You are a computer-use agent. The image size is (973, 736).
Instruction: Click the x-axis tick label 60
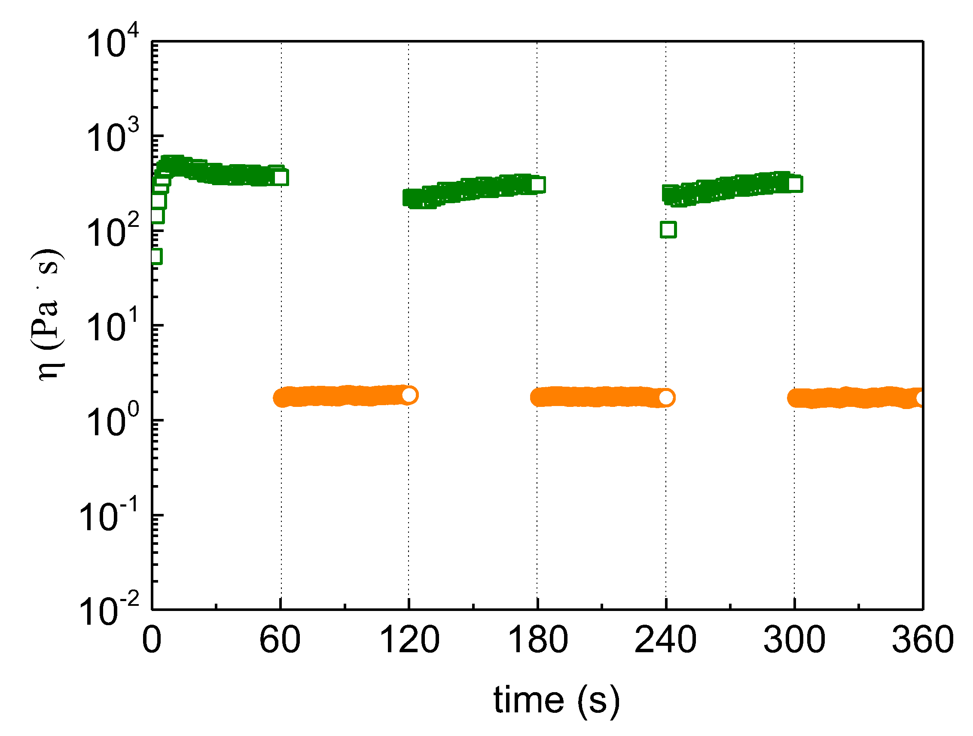pos(280,640)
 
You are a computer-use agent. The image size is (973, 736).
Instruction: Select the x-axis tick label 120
pos(409,640)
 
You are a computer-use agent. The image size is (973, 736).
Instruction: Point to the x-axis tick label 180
pos(537,640)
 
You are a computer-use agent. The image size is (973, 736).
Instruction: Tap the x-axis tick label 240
pos(665,640)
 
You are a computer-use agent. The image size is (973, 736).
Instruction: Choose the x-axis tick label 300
pos(794,640)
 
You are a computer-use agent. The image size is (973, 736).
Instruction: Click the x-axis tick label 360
pos(922,640)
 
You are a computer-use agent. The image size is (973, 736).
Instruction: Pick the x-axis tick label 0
pos(152,640)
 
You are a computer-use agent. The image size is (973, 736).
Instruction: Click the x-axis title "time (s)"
pos(556,700)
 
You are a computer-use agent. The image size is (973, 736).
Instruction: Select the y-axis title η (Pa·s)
pos(49,315)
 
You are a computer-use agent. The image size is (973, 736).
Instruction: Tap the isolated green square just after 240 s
pos(668,229)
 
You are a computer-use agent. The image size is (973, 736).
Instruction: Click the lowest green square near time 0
pos(156,256)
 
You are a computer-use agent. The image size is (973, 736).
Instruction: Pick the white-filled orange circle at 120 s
pos(409,395)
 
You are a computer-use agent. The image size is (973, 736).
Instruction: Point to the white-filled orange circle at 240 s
pos(666,398)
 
